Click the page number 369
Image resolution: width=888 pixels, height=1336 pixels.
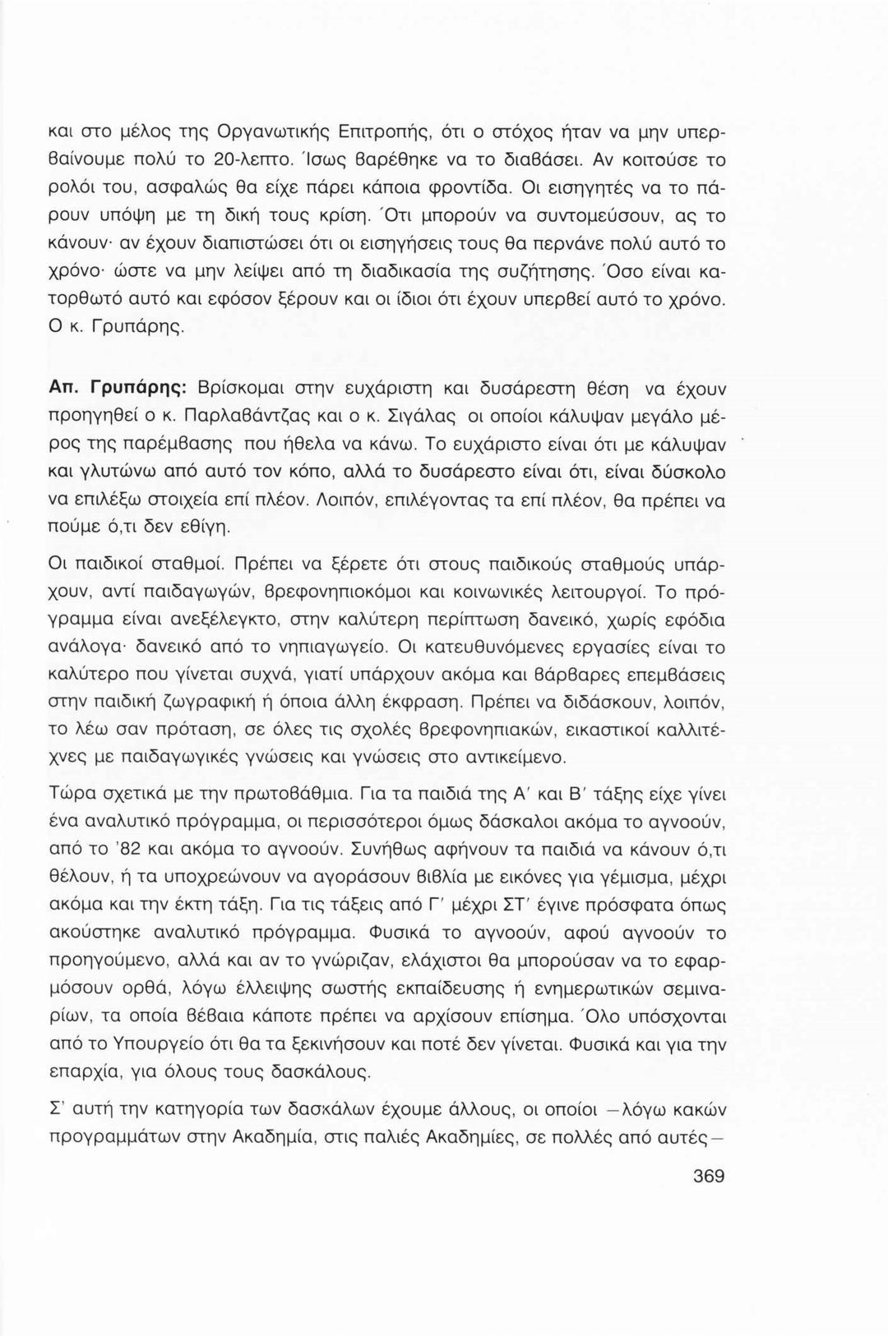click(x=709, y=1176)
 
